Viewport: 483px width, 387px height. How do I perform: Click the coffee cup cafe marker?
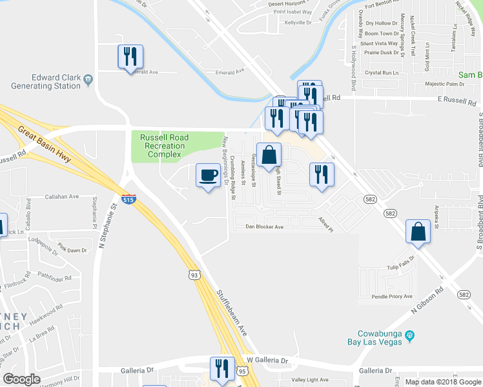[207, 176]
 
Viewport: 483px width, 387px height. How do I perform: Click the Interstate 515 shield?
[128, 198]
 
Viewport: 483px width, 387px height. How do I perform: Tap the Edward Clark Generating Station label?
[48, 81]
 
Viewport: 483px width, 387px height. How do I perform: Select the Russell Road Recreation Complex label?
[164, 146]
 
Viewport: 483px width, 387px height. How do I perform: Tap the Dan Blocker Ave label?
[265, 227]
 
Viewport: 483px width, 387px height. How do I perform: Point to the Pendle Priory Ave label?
[392, 297]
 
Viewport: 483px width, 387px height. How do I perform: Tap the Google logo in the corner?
[22, 379]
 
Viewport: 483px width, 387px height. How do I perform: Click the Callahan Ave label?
[63, 196]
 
